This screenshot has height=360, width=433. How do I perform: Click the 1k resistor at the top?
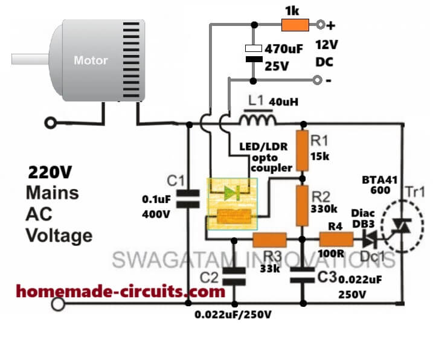tap(295, 25)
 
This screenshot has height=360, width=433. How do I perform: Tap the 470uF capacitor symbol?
tap(253, 53)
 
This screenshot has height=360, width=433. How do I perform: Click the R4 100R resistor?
tap(336, 240)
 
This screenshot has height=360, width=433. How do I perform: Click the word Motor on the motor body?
tap(91, 60)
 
